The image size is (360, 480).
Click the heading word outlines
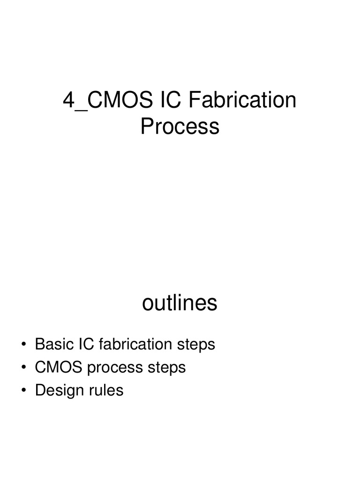tap(180, 303)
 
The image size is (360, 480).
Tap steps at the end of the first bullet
tap(196, 345)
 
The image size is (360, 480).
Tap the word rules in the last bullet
tap(106, 390)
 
